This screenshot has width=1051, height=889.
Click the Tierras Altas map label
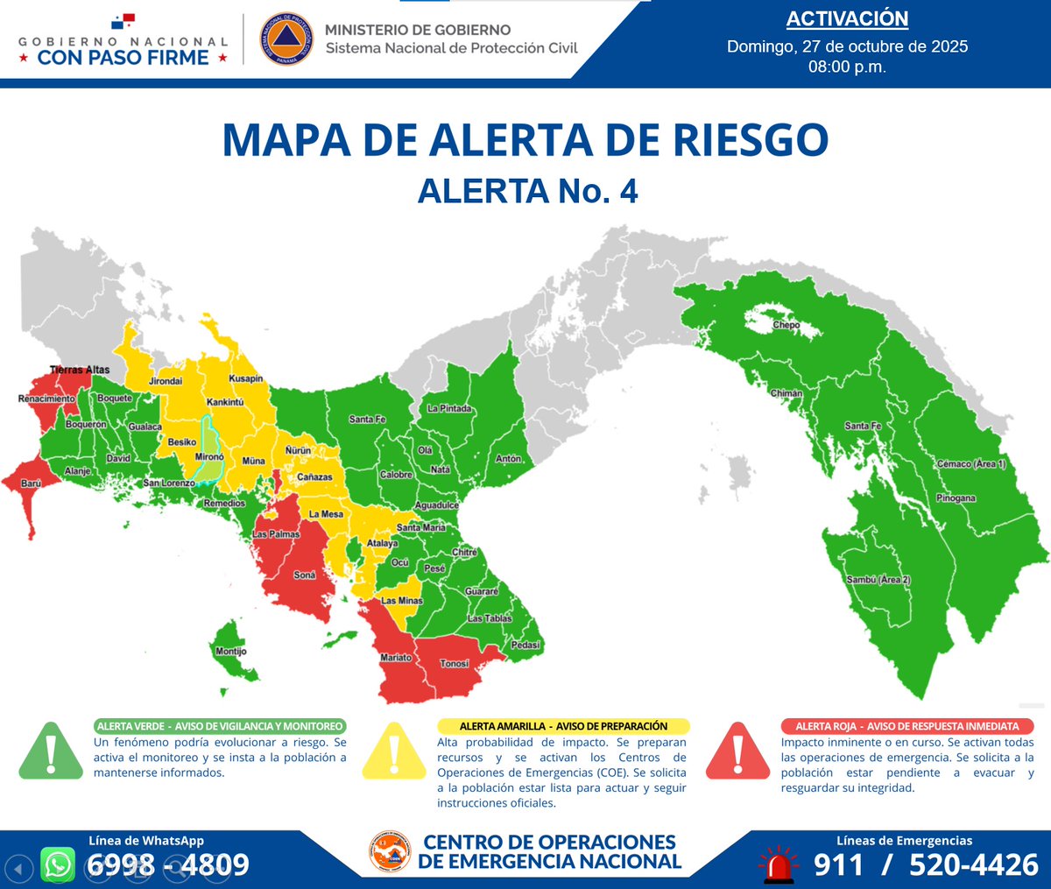coord(80,370)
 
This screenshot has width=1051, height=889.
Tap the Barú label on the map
coord(31,483)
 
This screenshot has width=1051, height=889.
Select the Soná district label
coord(305,575)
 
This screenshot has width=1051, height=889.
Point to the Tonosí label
coord(454,664)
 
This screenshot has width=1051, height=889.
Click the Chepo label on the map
coord(786,325)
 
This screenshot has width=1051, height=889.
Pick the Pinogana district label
coord(956,498)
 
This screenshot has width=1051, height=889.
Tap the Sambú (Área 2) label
coord(878,581)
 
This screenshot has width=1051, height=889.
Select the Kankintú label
coord(225,403)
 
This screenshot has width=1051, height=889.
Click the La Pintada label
coord(449,409)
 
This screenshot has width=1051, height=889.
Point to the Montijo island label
coord(231,652)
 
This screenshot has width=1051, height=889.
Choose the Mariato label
coord(396,658)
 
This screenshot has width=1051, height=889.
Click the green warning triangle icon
coord(52,751)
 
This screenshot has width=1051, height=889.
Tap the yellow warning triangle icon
coord(395,751)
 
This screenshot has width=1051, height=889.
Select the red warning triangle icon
coord(738,751)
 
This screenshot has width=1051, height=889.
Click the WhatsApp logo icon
coord(58,865)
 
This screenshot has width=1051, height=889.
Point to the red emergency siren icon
coord(778,864)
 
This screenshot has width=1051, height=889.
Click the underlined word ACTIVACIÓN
coord(847,19)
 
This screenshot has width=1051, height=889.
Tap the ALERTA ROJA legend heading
coord(906,726)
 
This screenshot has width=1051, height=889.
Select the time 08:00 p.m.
coord(847,67)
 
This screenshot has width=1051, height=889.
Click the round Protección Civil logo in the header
coord(286,39)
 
